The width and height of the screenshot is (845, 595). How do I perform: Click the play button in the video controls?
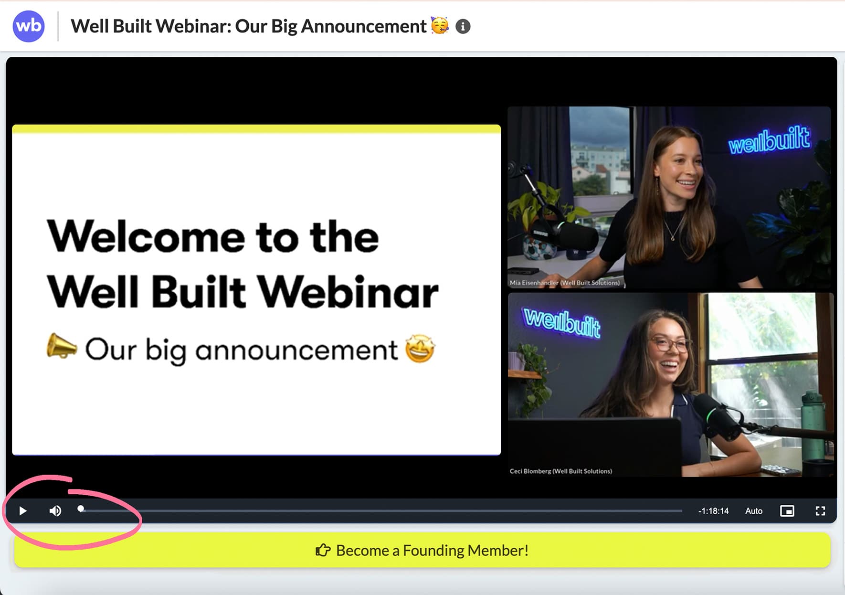(x=22, y=511)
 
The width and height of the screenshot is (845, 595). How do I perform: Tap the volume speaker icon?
(x=55, y=511)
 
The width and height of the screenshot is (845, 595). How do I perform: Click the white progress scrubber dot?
(x=81, y=509)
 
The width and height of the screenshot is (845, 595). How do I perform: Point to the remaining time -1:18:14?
(x=713, y=511)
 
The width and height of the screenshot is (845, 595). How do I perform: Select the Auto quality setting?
(x=753, y=511)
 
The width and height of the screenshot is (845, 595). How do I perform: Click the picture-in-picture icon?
(x=787, y=511)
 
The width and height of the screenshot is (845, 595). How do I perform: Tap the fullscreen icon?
(x=820, y=511)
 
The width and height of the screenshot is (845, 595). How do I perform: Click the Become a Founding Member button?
(x=422, y=550)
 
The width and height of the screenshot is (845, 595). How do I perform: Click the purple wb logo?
(x=29, y=26)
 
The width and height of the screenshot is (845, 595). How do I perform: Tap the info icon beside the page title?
(x=463, y=26)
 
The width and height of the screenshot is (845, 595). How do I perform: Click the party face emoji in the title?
(x=440, y=25)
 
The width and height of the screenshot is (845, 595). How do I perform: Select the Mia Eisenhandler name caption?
(x=564, y=283)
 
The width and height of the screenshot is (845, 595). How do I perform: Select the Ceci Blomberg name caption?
(x=560, y=471)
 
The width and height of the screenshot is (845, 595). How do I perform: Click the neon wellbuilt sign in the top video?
(x=769, y=140)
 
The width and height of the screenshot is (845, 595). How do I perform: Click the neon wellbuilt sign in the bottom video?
(x=561, y=322)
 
